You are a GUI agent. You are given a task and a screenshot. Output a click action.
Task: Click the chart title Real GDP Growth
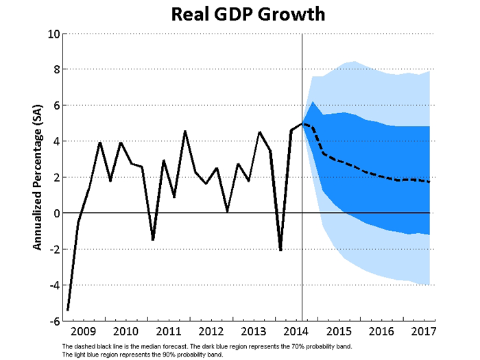point(248,14)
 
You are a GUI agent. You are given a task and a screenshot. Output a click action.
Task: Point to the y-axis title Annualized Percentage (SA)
point(37,178)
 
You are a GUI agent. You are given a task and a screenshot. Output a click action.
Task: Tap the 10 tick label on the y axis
point(53,34)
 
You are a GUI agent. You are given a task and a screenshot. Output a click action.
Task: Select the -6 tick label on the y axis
point(54,321)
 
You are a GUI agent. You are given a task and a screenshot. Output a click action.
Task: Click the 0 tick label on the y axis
point(57,213)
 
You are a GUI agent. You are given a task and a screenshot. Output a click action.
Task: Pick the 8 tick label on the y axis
point(57,70)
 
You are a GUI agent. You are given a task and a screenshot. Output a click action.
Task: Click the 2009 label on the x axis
point(83,331)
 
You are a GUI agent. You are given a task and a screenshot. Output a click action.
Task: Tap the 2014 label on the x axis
point(296,331)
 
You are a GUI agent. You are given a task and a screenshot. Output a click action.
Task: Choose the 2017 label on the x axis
point(424,331)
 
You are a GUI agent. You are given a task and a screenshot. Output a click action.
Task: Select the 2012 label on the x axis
point(211,331)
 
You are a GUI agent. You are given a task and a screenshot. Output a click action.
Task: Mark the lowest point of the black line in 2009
point(68,310)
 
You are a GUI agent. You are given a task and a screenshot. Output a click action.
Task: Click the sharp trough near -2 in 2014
point(280,250)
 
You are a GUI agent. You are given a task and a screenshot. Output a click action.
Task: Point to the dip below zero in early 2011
point(153,240)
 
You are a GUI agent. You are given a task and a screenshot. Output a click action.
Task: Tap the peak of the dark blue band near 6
point(313,101)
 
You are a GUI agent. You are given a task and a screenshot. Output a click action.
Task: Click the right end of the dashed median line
point(429,182)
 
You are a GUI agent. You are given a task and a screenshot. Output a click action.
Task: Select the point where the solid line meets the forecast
point(302,123)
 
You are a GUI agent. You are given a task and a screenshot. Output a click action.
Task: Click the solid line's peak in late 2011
point(185,132)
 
